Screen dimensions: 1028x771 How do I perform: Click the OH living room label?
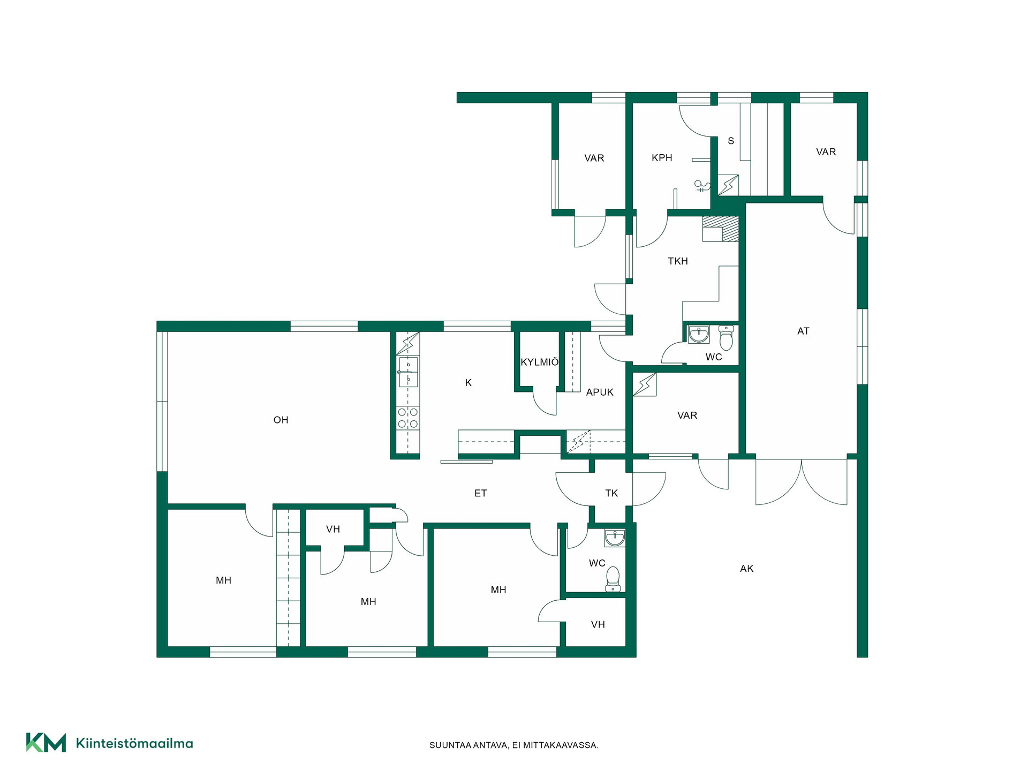(x=281, y=420)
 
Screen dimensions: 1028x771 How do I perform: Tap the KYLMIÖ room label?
(x=539, y=362)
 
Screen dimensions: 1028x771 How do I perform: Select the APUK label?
(x=600, y=392)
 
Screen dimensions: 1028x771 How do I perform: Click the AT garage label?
(x=803, y=331)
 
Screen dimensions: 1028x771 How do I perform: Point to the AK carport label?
(x=746, y=569)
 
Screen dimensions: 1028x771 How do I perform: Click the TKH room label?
(x=678, y=261)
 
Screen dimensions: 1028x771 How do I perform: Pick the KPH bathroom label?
(x=662, y=158)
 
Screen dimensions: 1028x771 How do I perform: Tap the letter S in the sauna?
(x=731, y=141)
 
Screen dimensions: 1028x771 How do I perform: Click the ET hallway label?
(x=480, y=494)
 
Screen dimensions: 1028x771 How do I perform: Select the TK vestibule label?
(x=611, y=494)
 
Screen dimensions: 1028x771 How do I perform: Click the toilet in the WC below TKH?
(x=726, y=337)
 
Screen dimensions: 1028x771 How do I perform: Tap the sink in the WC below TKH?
(x=698, y=335)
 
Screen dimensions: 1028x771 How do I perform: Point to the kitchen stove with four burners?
(x=408, y=418)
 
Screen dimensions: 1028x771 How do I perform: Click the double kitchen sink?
(x=408, y=372)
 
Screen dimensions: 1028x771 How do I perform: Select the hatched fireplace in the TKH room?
(x=720, y=229)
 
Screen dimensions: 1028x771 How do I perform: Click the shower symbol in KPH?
(x=702, y=186)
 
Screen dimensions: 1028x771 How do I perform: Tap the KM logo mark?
(x=46, y=743)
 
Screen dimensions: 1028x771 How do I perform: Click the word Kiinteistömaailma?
(x=134, y=743)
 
